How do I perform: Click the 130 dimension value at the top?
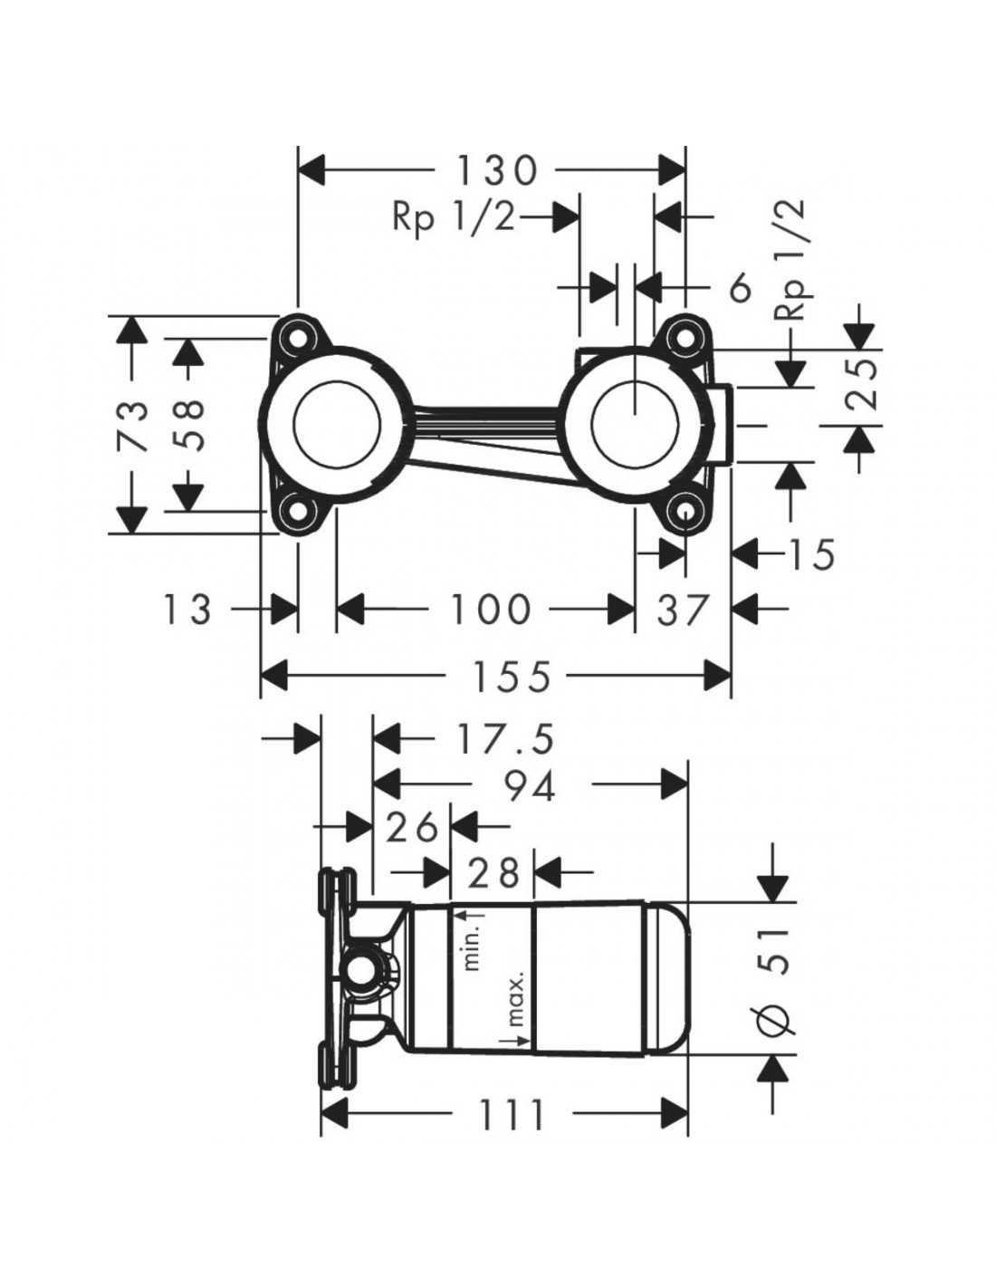pyautogui.click(x=496, y=170)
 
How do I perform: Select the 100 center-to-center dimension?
pyautogui.click(x=490, y=610)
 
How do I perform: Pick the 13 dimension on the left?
pyautogui.click(x=187, y=610)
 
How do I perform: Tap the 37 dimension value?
pyautogui.click(x=682, y=610)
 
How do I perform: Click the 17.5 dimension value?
pyautogui.click(x=505, y=740)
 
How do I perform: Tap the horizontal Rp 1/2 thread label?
pyautogui.click(x=454, y=220)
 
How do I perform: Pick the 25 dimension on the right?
pyautogui.click(x=860, y=383)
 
